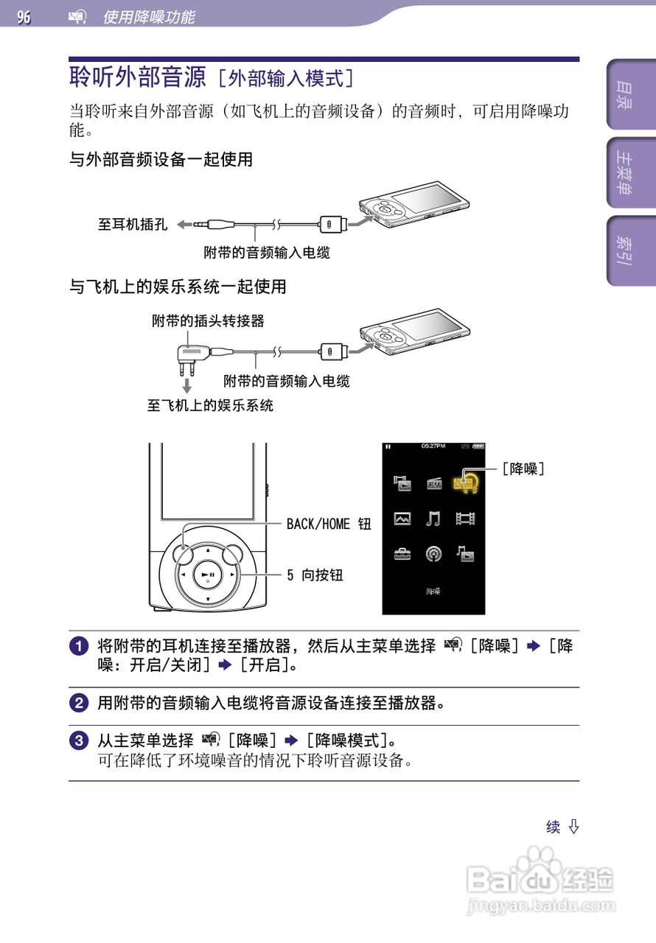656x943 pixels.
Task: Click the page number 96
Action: (x=24, y=16)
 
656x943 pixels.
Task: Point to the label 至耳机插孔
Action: (x=133, y=224)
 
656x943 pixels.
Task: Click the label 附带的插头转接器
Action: (x=208, y=320)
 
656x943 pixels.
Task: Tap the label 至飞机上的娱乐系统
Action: (x=210, y=405)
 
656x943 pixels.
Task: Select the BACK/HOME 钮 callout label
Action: (x=329, y=524)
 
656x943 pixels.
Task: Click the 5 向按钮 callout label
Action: (x=315, y=575)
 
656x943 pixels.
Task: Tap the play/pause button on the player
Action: (x=208, y=575)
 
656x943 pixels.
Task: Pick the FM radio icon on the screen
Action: (x=434, y=483)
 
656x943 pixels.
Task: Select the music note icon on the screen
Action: (x=433, y=519)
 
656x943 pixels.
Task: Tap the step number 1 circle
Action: (x=79, y=647)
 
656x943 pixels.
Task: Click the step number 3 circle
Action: (x=79, y=740)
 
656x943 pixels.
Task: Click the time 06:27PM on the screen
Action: (x=433, y=446)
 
